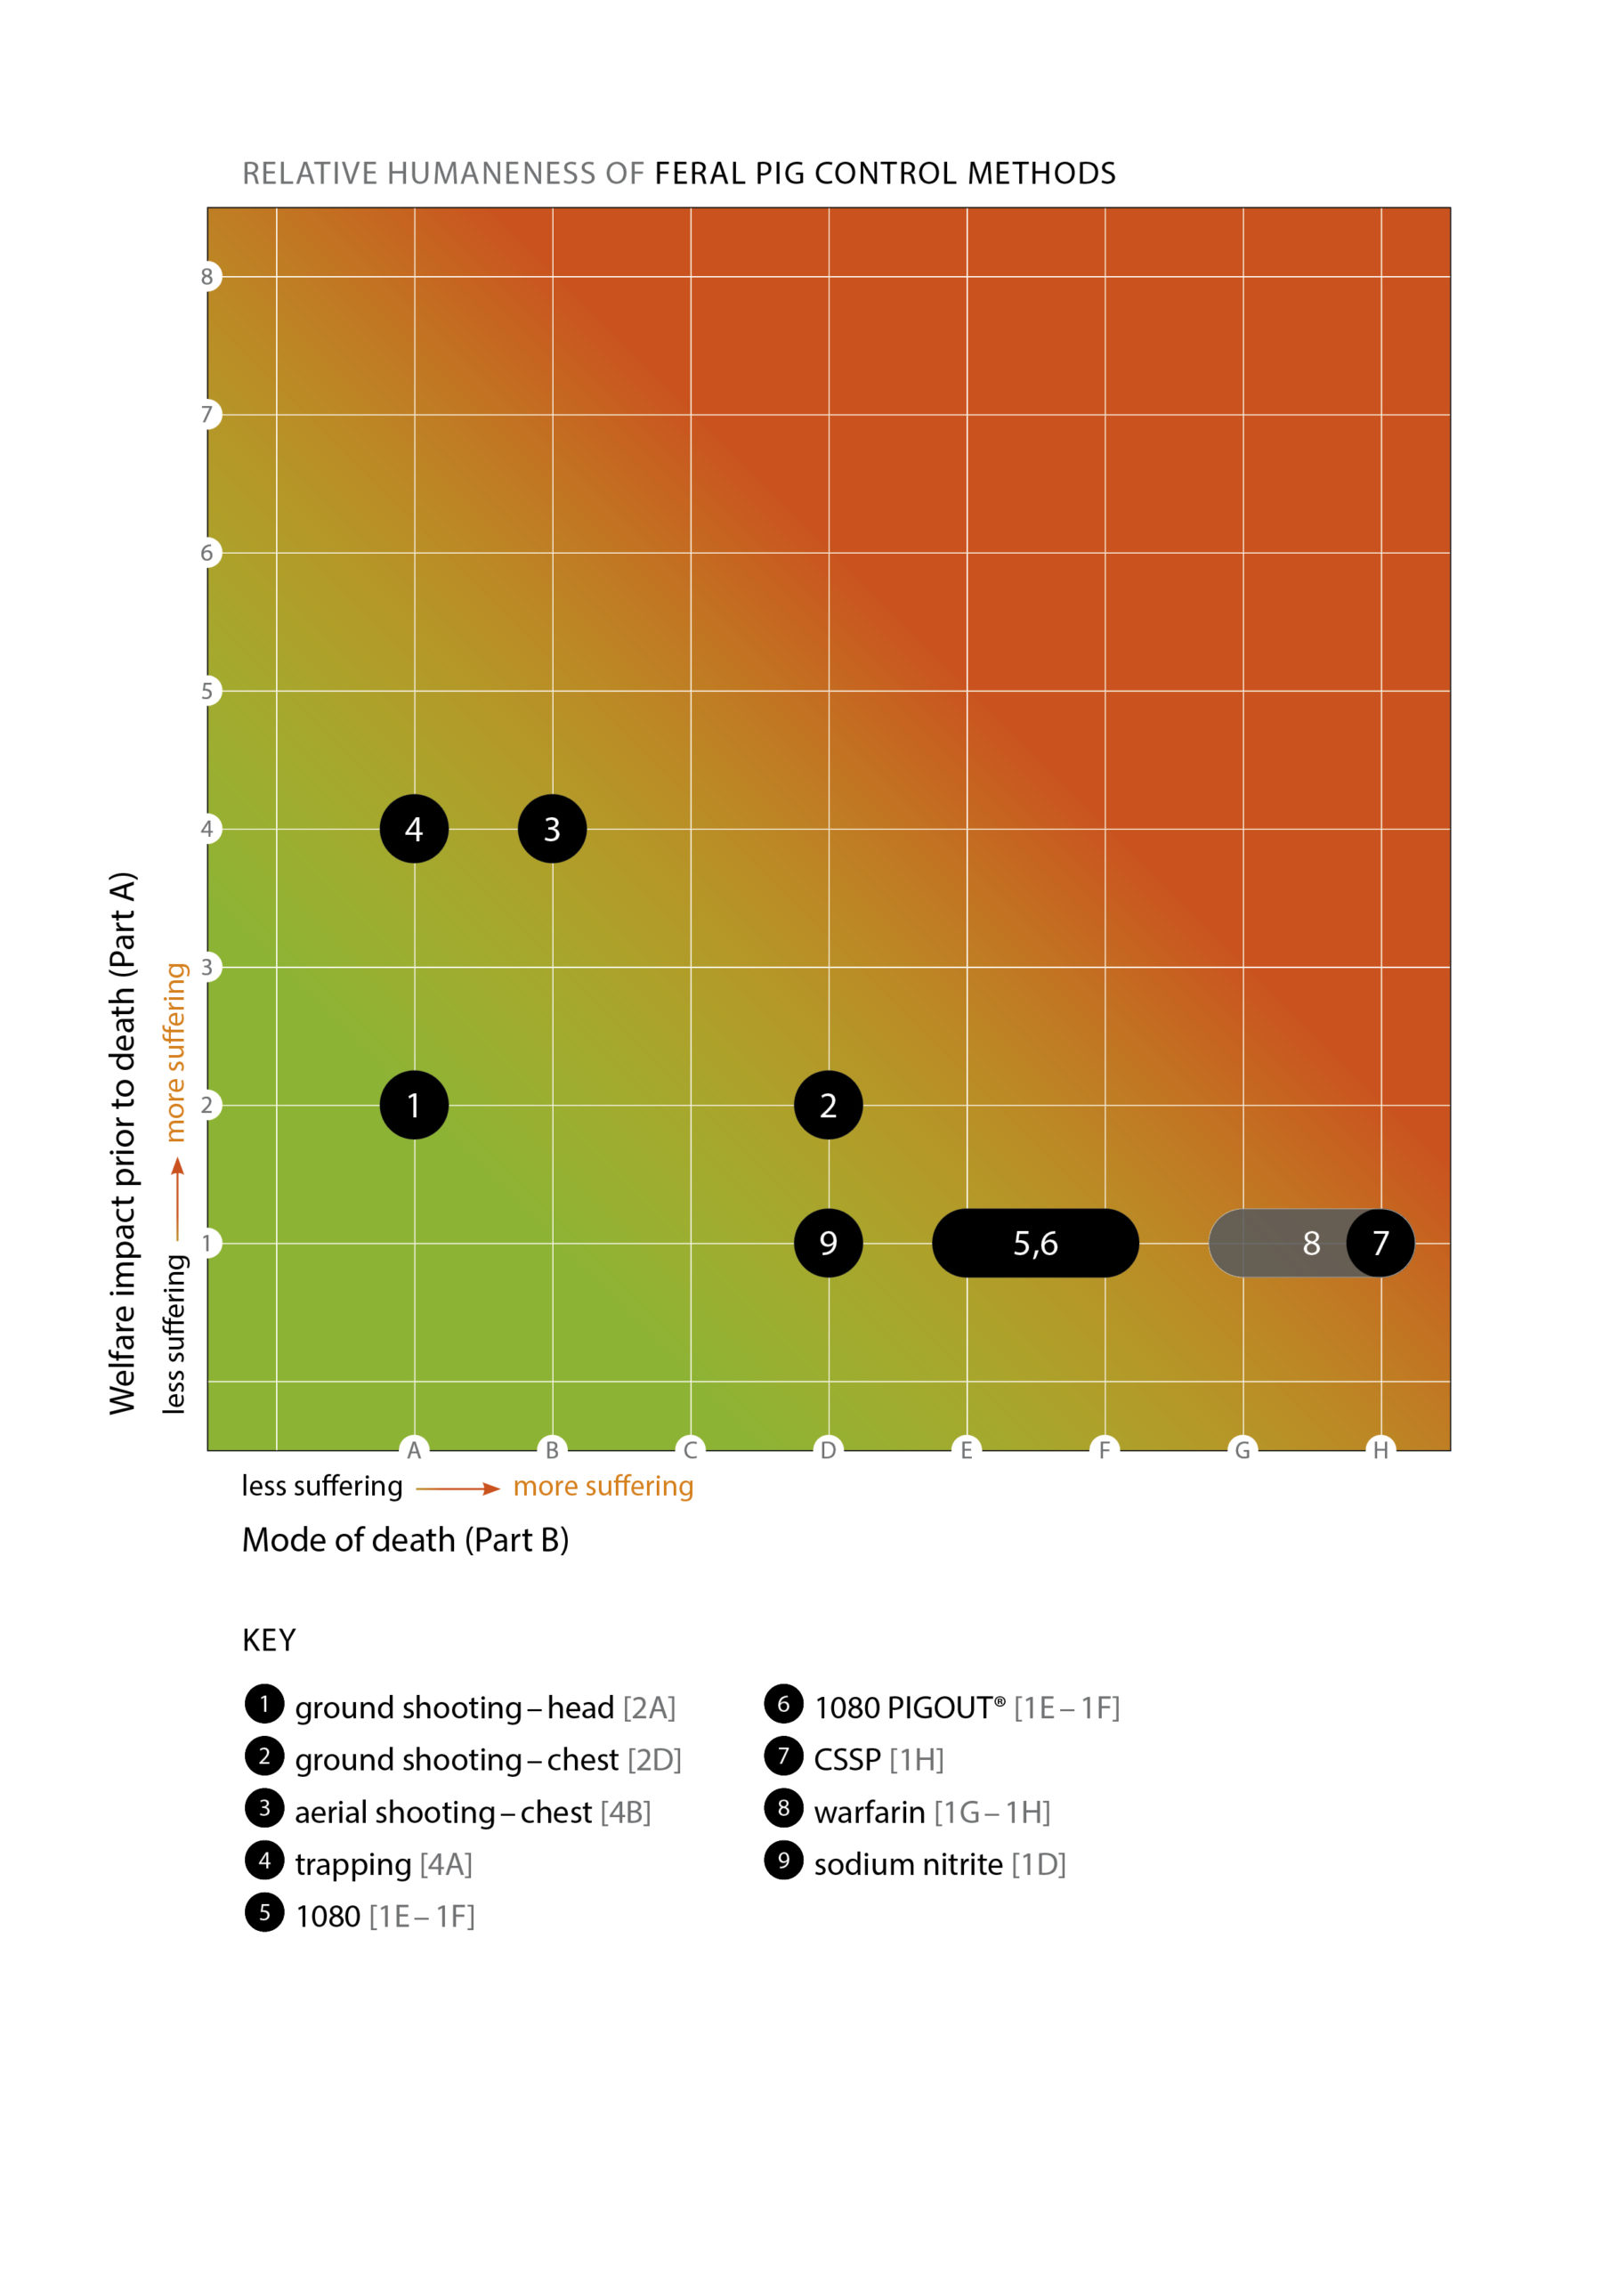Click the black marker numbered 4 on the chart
click(x=414, y=829)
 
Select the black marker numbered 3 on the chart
click(x=552, y=829)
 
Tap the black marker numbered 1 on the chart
click(x=414, y=1105)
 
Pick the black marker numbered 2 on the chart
click(x=828, y=1105)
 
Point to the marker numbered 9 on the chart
click(x=828, y=1243)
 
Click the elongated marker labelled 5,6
click(x=1035, y=1243)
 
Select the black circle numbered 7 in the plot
click(x=1380, y=1243)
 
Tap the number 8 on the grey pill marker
click(x=1310, y=1243)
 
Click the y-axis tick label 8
click(x=207, y=277)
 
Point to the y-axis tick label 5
click(x=207, y=691)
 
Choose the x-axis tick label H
click(x=1380, y=1450)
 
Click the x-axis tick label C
click(x=690, y=1450)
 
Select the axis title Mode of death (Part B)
click(x=405, y=1539)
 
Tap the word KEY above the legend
click(x=269, y=1640)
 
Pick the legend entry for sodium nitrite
click(x=939, y=1864)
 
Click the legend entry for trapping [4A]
click(x=383, y=1864)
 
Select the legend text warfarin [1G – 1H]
click(x=931, y=1813)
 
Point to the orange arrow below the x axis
click(x=457, y=1488)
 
